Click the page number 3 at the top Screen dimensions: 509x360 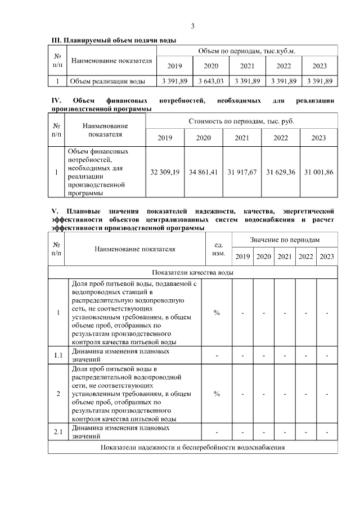(192, 26)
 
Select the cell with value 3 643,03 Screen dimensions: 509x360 (211, 81)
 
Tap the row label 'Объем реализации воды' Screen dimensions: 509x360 (107, 81)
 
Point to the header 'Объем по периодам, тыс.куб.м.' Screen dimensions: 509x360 (247, 51)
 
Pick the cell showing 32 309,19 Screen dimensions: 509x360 (165, 172)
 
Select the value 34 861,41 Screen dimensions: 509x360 (203, 172)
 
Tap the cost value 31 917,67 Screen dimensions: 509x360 (241, 172)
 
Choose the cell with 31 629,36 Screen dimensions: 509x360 (280, 172)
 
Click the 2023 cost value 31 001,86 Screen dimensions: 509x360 (318, 172)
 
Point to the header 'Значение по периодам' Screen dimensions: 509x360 (285, 240)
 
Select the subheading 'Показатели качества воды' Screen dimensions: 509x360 (193, 272)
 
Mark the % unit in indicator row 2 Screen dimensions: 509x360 (217, 393)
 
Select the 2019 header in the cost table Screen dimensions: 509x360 (165, 138)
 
